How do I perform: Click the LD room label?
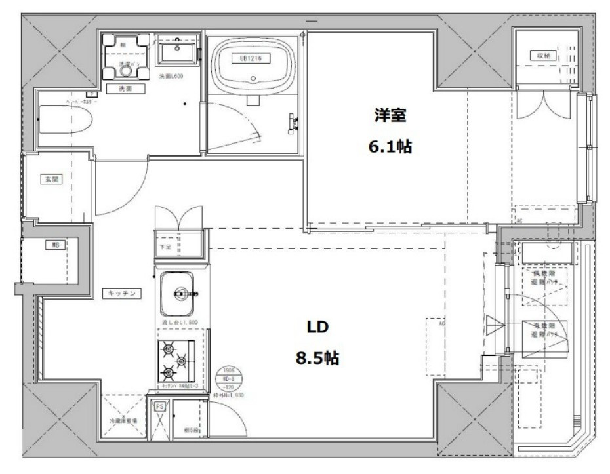317,326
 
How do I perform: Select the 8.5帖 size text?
317,358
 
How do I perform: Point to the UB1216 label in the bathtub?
251,58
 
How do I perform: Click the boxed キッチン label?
122,294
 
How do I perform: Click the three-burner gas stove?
176,362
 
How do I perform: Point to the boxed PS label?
159,407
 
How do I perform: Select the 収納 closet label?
543,56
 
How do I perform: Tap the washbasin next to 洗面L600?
177,50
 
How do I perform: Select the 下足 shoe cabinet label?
165,247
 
